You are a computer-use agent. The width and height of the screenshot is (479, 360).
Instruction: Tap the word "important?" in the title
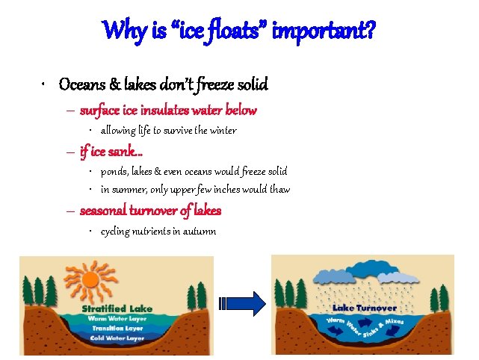point(326,31)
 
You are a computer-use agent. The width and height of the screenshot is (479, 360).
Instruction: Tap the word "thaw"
point(278,190)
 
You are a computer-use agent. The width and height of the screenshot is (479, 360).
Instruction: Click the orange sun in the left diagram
point(90,280)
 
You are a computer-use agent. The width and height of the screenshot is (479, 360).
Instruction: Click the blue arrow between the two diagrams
point(243,303)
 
